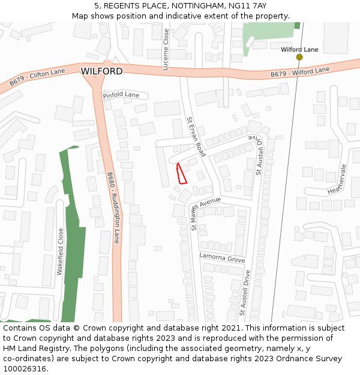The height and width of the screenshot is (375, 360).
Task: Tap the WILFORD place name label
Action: tap(101, 71)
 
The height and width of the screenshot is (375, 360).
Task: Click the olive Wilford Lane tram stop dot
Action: tap(299, 57)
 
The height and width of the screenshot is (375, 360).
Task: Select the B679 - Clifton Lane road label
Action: tap(37, 77)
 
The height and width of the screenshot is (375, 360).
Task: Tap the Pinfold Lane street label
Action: tap(121, 95)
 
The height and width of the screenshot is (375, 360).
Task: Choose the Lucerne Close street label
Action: tap(166, 50)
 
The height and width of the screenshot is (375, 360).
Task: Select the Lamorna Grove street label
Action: tap(223, 259)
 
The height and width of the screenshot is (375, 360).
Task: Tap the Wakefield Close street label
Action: tap(60, 251)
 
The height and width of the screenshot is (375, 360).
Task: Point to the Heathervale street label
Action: tap(338, 179)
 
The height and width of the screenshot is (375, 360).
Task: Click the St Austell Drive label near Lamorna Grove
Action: tap(244, 293)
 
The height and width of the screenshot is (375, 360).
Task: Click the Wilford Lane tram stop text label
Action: tap(299, 49)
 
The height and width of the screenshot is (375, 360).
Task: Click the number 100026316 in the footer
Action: tap(25, 368)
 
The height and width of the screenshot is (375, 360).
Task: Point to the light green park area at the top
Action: tap(269, 33)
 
